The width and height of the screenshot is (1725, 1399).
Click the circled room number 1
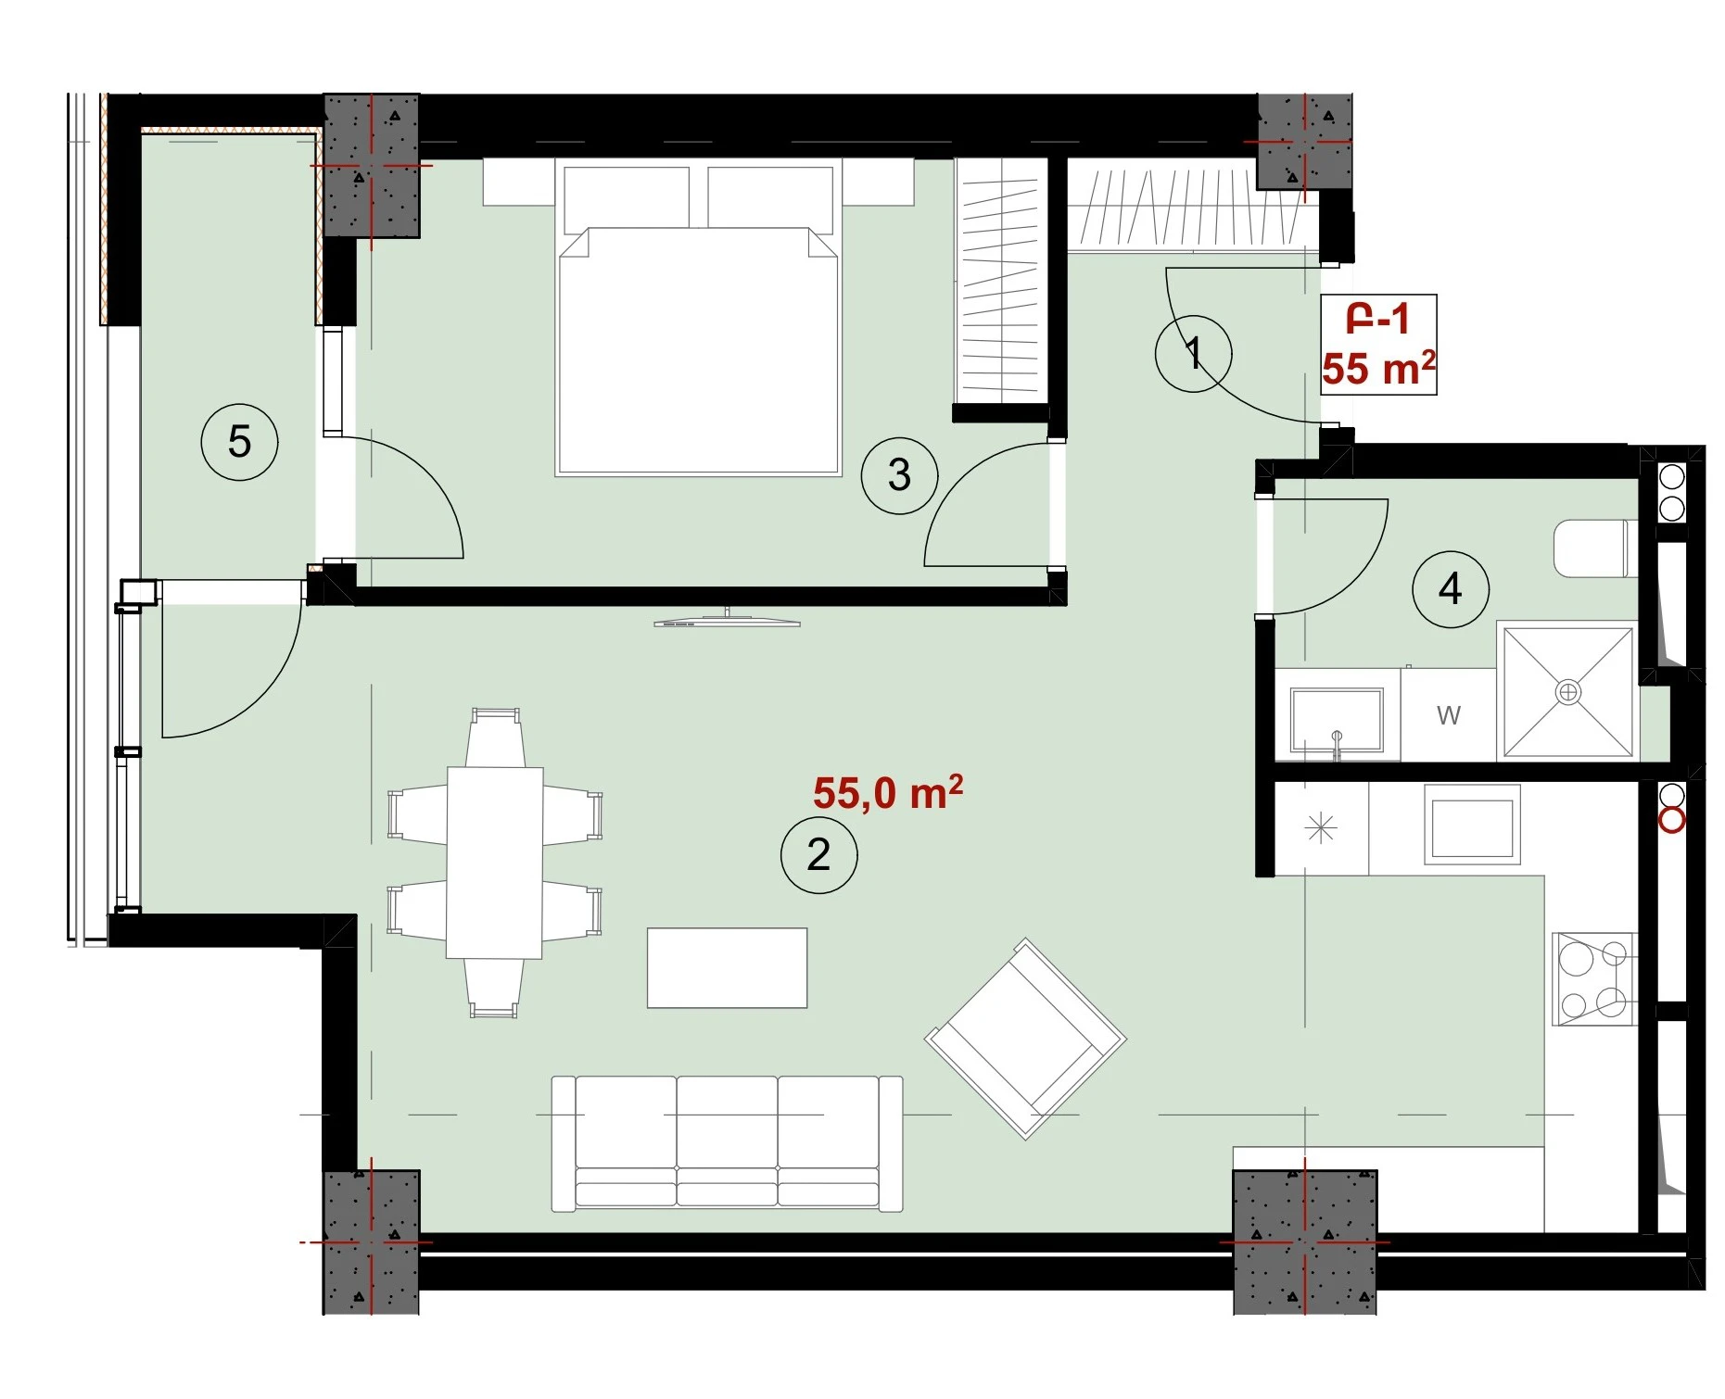click(1193, 353)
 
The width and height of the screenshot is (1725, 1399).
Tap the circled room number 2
click(818, 854)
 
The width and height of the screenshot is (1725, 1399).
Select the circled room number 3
click(899, 475)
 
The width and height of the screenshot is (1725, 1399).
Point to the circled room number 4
click(1451, 589)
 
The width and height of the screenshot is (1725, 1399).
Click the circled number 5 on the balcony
click(239, 442)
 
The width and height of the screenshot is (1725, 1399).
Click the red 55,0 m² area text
click(888, 793)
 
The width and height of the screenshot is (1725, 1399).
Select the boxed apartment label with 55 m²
click(1378, 345)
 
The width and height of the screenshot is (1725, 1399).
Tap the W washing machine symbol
click(1448, 715)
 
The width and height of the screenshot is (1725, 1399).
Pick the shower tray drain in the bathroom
click(1567, 692)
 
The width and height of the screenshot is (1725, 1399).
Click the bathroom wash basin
click(1337, 721)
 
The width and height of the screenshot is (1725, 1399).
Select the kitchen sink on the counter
click(1472, 825)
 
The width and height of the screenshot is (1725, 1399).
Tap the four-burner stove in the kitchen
click(1593, 979)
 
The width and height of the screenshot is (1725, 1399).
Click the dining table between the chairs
click(495, 863)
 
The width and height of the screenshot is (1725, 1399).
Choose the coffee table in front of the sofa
click(727, 968)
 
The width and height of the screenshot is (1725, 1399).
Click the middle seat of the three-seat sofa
click(727, 1141)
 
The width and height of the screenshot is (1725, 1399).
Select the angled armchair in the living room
click(1025, 1039)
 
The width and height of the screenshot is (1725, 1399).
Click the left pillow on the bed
click(627, 197)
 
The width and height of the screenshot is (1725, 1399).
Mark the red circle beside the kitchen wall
click(1671, 821)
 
